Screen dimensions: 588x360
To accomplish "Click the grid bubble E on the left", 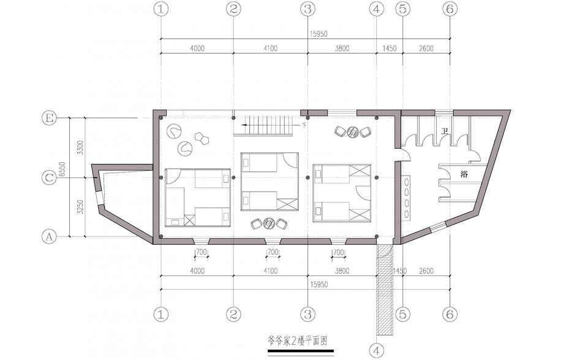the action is [x=49, y=119].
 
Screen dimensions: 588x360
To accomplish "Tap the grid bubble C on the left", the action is [x=49, y=178].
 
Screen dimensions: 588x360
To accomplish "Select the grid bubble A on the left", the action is [x=49, y=236].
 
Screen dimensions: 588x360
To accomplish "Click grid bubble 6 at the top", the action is [x=450, y=9].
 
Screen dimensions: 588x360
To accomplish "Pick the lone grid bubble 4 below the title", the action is [x=377, y=351].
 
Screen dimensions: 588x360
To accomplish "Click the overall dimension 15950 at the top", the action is [x=318, y=34].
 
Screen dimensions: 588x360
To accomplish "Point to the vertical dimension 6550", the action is [x=62, y=170].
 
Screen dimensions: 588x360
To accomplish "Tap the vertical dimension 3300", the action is [x=80, y=148].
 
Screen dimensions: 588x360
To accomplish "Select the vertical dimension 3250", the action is [x=80, y=207].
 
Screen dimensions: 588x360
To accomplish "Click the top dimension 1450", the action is [x=390, y=48].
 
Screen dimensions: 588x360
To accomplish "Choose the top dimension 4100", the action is [x=270, y=48].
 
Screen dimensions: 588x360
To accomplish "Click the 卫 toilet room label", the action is [x=445, y=131].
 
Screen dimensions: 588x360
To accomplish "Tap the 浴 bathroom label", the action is [x=464, y=174].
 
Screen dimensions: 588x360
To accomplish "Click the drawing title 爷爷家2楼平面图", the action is [x=298, y=341].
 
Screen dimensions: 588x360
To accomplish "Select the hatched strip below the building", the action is [x=385, y=289].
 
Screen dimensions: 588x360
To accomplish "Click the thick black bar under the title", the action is [x=300, y=351].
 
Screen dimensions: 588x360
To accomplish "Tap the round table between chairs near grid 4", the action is [x=353, y=132].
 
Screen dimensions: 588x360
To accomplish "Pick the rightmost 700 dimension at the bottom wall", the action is [x=339, y=252].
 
